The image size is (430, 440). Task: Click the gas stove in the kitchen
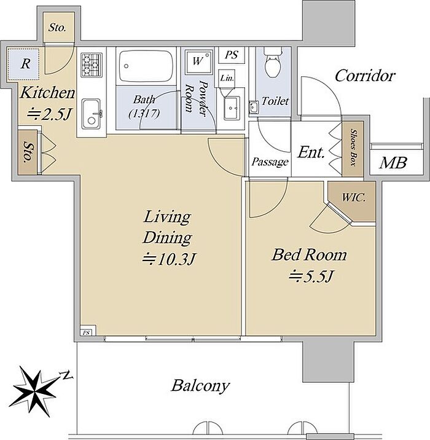tap(92, 65)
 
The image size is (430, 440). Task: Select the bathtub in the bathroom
tap(146, 66)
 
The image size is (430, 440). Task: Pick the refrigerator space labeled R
tap(23, 65)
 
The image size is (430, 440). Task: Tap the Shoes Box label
tap(353, 147)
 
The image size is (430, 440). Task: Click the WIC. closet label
tap(353, 197)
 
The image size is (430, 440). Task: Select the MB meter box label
tap(393, 163)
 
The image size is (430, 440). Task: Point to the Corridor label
tap(365, 76)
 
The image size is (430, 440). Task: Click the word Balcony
tap(200, 386)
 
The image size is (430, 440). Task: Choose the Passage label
tap(270, 162)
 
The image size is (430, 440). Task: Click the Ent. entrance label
tap(311, 152)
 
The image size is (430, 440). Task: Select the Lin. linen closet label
tap(227, 78)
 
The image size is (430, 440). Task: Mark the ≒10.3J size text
tap(168, 259)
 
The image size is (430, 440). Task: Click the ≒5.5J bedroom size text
tap(311, 277)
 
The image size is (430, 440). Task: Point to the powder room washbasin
tap(232, 108)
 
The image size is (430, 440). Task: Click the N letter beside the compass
tap(66, 375)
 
